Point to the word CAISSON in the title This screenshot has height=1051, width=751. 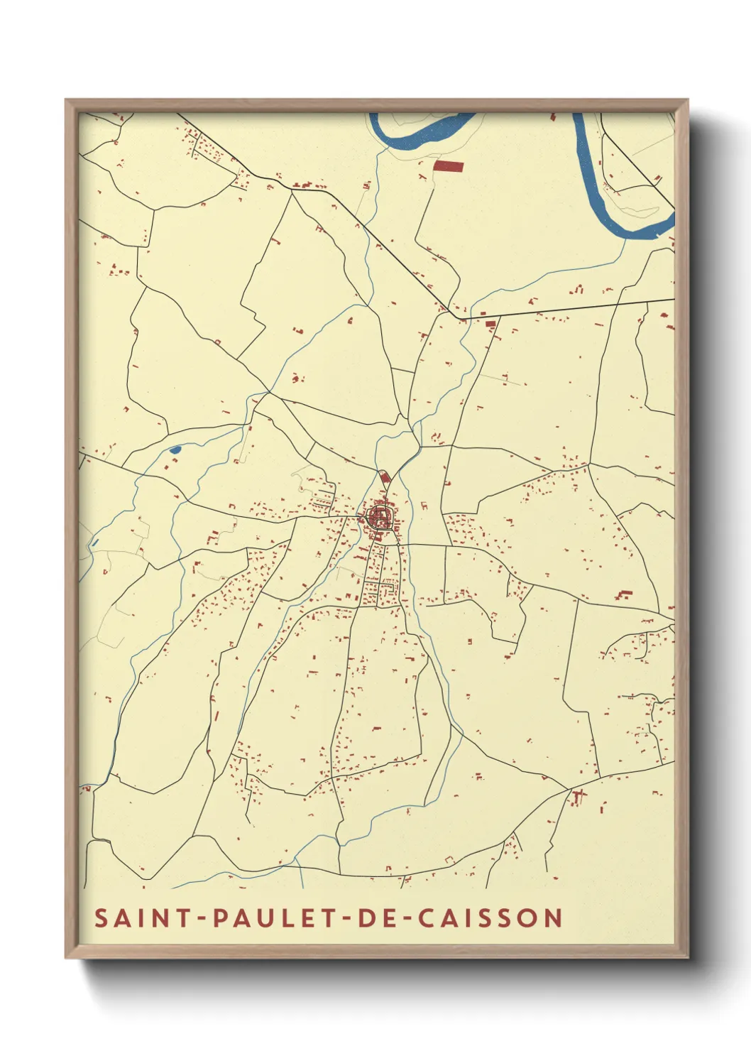click(x=490, y=917)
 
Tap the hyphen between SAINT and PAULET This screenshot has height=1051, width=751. click(x=203, y=918)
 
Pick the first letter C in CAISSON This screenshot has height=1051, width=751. click(x=427, y=917)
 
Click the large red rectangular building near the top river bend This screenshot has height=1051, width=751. click(x=448, y=166)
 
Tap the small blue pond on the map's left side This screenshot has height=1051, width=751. click(x=175, y=450)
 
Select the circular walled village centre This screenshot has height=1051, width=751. click(x=381, y=516)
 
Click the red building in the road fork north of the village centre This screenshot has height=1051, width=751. click(x=385, y=477)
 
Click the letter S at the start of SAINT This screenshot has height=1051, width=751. click(x=102, y=917)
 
